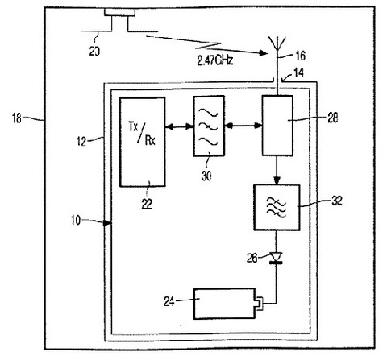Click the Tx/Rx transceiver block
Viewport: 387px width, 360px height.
[143, 142]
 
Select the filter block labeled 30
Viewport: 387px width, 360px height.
[209, 126]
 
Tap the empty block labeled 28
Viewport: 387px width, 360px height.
[277, 126]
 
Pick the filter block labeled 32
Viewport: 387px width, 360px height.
[277, 208]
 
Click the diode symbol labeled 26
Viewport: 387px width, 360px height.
[276, 258]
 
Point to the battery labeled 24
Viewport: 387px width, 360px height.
[225, 304]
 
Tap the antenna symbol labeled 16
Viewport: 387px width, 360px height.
[277, 46]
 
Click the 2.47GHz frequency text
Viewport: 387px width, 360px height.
[215, 60]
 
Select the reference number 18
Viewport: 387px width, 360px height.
[17, 118]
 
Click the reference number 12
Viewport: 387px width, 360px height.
[81, 141]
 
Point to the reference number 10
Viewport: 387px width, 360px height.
[76, 220]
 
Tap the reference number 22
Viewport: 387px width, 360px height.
[147, 204]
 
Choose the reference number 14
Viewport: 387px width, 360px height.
[298, 72]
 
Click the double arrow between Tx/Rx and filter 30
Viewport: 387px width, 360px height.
[180, 126]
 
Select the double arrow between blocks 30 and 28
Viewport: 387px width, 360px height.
[243, 125]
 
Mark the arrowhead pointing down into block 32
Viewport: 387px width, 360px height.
[277, 180]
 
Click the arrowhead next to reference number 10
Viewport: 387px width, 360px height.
[107, 222]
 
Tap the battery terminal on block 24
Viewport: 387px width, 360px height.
[260, 304]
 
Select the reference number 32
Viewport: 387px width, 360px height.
[337, 201]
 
